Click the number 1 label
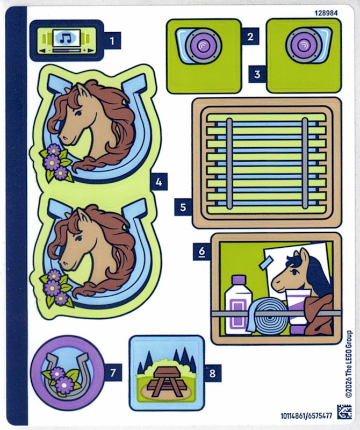pos(112,41)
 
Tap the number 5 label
pos(183,207)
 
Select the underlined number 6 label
pos(202,252)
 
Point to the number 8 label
pos(212,373)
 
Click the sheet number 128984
pos(326,13)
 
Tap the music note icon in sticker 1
pos(66,38)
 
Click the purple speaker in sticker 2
pos(203,46)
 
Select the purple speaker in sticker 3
pos(304,45)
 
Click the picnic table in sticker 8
pos(167,382)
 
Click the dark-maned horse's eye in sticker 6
pos(295,272)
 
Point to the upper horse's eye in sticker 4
pos(78,113)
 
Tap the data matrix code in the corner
pos(344,412)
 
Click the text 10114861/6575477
pos(306,416)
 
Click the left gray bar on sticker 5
pos(229,163)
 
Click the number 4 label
pos(159,182)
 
